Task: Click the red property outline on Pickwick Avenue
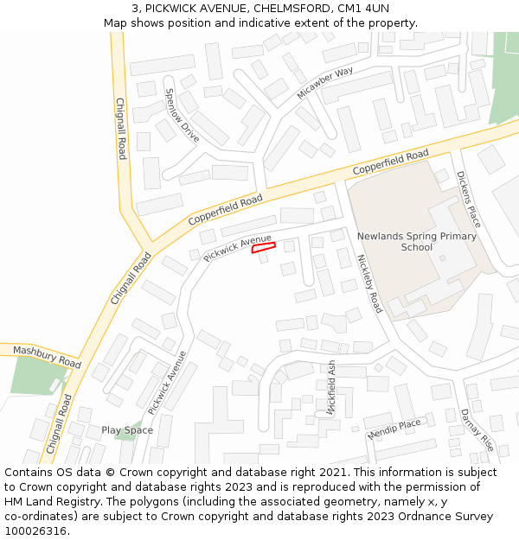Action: click(263, 248)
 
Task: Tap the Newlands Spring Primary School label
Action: click(416, 241)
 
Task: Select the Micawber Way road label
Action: click(325, 82)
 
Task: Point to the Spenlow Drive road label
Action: click(182, 116)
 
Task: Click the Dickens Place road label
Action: click(469, 199)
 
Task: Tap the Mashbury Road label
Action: click(47, 358)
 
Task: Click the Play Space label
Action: click(127, 430)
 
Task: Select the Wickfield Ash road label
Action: click(331, 389)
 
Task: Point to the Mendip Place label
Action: click(394, 429)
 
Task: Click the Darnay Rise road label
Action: click(477, 429)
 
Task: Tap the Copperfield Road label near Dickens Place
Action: click(390, 161)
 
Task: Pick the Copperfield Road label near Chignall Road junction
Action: click(225, 210)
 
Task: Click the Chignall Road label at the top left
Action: click(121, 128)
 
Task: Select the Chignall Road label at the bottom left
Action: click(57, 425)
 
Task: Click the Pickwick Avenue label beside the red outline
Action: click(237, 248)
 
